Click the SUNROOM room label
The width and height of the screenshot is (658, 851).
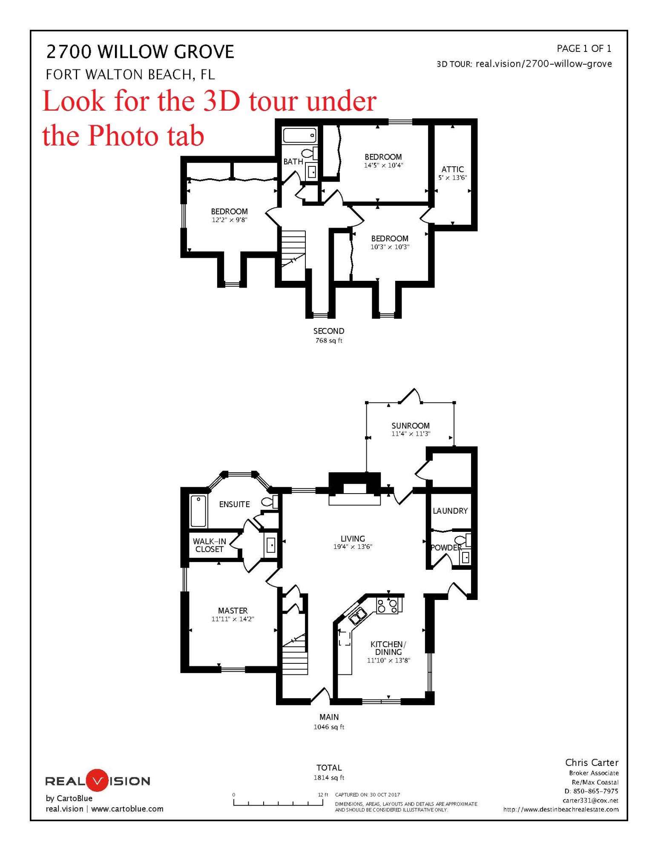click(411, 425)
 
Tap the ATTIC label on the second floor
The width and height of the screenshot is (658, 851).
click(452, 169)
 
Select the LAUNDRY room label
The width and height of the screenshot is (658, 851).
click(450, 511)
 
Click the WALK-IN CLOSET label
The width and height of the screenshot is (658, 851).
click(209, 545)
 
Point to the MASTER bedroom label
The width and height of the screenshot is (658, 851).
click(233, 611)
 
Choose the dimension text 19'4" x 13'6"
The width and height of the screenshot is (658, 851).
click(353, 547)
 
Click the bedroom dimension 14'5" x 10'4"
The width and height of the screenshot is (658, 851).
click(383, 166)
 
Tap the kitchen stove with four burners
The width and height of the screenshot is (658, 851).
click(388, 605)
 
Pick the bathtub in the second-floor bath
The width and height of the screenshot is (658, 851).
click(300, 136)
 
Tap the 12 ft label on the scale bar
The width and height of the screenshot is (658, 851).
click(323, 794)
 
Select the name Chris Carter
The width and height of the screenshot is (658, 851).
click(592, 762)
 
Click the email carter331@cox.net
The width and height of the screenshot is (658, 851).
click(590, 800)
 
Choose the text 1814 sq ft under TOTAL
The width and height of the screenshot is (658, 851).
click(329, 777)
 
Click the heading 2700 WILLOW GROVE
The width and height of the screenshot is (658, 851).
click(140, 52)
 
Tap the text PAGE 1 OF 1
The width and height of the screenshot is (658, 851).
click(584, 49)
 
